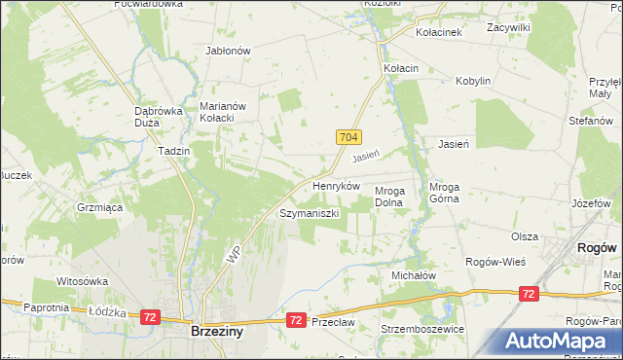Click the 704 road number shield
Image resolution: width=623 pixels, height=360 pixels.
coord(351,138)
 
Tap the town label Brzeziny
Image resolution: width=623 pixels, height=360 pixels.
coord(215,332)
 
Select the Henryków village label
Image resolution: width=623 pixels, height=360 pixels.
coord(337,185)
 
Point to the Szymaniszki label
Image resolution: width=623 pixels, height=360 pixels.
coord(310,212)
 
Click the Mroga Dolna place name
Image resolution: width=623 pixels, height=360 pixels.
coord(395,197)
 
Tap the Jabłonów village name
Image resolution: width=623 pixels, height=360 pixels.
coord(229,51)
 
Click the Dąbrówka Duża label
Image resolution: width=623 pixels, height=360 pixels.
coord(159,117)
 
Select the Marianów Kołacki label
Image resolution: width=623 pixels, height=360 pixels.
coord(226,113)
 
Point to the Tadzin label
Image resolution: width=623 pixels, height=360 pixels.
coord(172,152)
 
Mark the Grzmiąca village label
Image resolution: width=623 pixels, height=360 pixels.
coord(98,207)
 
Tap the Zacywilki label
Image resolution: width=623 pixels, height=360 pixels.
coord(509,28)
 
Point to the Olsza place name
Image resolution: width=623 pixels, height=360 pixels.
coord(525,236)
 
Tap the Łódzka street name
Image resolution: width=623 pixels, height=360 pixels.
coord(103,311)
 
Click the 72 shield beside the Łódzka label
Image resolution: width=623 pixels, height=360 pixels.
coord(150,317)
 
